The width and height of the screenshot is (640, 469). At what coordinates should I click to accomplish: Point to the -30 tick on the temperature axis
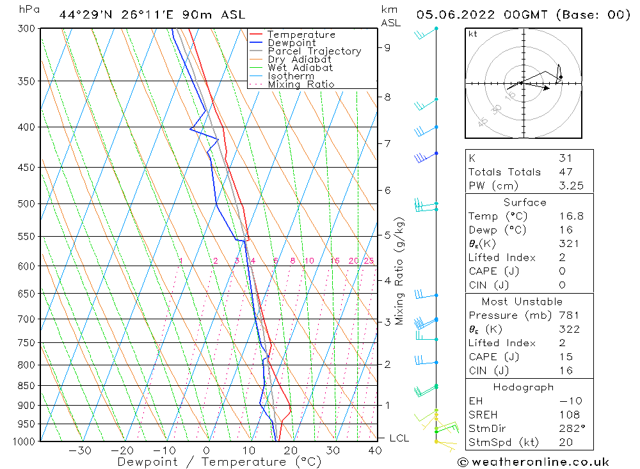coord(80,450)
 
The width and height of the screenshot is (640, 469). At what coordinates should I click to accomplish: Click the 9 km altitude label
coord(388,47)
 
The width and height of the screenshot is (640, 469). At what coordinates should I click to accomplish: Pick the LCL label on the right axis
coord(399,438)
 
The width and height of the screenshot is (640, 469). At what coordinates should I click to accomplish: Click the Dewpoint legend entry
coord(291,43)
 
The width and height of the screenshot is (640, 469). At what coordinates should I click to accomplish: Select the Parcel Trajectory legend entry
coord(314,51)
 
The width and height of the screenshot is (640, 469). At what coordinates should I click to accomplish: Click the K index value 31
coord(565,158)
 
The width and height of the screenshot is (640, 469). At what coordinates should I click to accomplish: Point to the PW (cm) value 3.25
coord(571,186)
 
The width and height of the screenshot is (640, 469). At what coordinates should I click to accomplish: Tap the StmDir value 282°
coord(570,428)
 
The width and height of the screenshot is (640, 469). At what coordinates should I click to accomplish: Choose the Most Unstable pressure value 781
coord(568,315)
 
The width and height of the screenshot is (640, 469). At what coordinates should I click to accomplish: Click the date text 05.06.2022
coord(452,14)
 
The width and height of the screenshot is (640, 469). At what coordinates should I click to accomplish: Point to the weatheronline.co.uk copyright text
coord(533,462)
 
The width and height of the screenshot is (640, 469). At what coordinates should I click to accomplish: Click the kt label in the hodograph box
coord(473,34)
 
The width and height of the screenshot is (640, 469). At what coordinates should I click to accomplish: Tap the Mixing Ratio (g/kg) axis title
coord(400,271)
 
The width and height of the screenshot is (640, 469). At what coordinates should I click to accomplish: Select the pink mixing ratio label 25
coord(369,260)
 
